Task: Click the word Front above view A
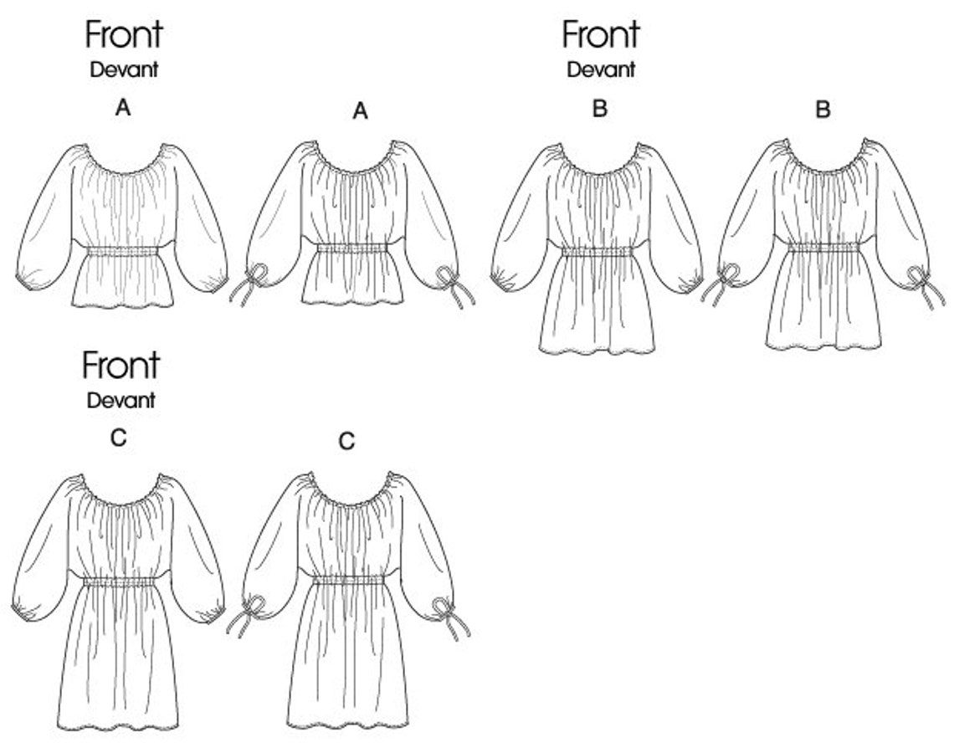pyautogui.click(x=123, y=35)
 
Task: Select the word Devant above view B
pyautogui.click(x=601, y=70)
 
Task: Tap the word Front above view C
pyautogui.click(x=121, y=366)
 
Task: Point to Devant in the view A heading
pyautogui.click(x=124, y=70)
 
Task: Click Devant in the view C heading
pyautogui.click(x=121, y=400)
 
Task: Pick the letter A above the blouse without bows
pyautogui.click(x=123, y=107)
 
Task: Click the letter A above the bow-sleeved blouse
pyautogui.click(x=361, y=111)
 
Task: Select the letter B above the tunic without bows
pyautogui.click(x=599, y=109)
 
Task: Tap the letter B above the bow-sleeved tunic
pyautogui.click(x=823, y=110)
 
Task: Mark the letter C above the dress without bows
pyautogui.click(x=119, y=438)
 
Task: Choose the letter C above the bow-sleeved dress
pyautogui.click(x=347, y=441)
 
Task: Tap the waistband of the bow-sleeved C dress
pyautogui.click(x=348, y=580)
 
